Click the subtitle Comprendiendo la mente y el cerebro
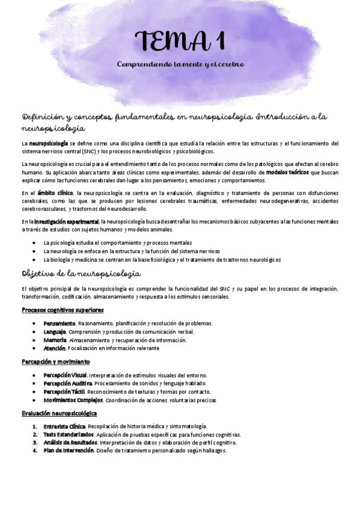point(180,64)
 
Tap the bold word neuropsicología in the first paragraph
point(49,143)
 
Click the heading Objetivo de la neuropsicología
point(81,273)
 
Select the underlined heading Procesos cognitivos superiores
point(63,310)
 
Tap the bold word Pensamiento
point(59,323)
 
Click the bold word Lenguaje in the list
point(55,331)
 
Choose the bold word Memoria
point(54,340)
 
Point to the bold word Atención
point(55,348)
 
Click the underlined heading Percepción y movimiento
point(55,361)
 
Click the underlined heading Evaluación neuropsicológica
point(59,413)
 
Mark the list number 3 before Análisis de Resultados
point(36,442)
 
